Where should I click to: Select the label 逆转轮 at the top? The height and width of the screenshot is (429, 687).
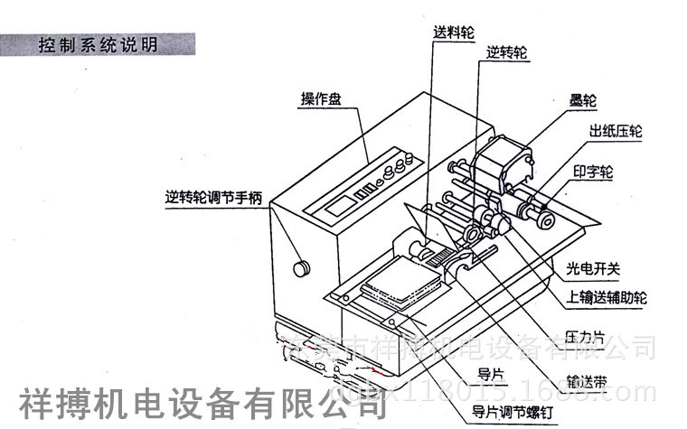click(506, 53)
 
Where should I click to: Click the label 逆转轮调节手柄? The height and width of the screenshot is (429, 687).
click(213, 195)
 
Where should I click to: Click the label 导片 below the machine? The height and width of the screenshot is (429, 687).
click(489, 371)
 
